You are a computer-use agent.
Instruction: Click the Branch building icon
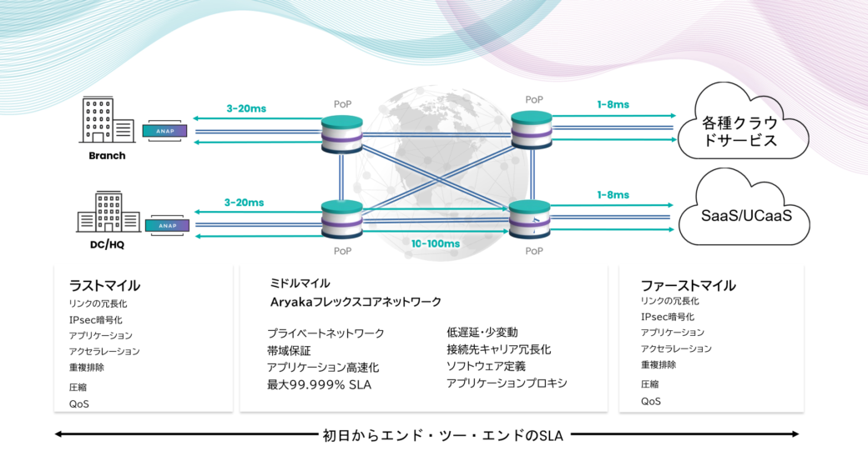(x=108, y=121)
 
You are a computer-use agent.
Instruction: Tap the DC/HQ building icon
(x=108, y=213)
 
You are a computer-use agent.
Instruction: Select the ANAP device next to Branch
(x=165, y=131)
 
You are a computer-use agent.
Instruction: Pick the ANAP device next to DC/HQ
(x=167, y=226)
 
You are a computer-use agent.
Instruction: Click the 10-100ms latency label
(x=435, y=243)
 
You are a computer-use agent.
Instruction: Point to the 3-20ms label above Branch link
(x=246, y=109)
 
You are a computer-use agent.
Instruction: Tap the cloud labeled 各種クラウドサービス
(x=743, y=123)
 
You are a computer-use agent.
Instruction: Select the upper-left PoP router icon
(x=342, y=134)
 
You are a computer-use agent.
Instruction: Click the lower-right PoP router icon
(x=530, y=219)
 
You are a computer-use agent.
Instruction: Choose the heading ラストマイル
(x=104, y=286)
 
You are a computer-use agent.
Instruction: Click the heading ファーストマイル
(x=688, y=286)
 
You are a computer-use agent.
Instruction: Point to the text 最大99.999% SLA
(x=319, y=384)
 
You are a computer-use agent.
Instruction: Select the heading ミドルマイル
(x=300, y=283)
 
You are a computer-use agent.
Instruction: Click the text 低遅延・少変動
(x=482, y=332)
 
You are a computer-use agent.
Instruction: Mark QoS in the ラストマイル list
(x=79, y=404)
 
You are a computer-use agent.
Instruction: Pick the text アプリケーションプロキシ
(x=507, y=383)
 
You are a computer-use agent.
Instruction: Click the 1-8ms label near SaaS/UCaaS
(x=613, y=195)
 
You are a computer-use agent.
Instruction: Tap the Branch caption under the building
(x=107, y=156)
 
